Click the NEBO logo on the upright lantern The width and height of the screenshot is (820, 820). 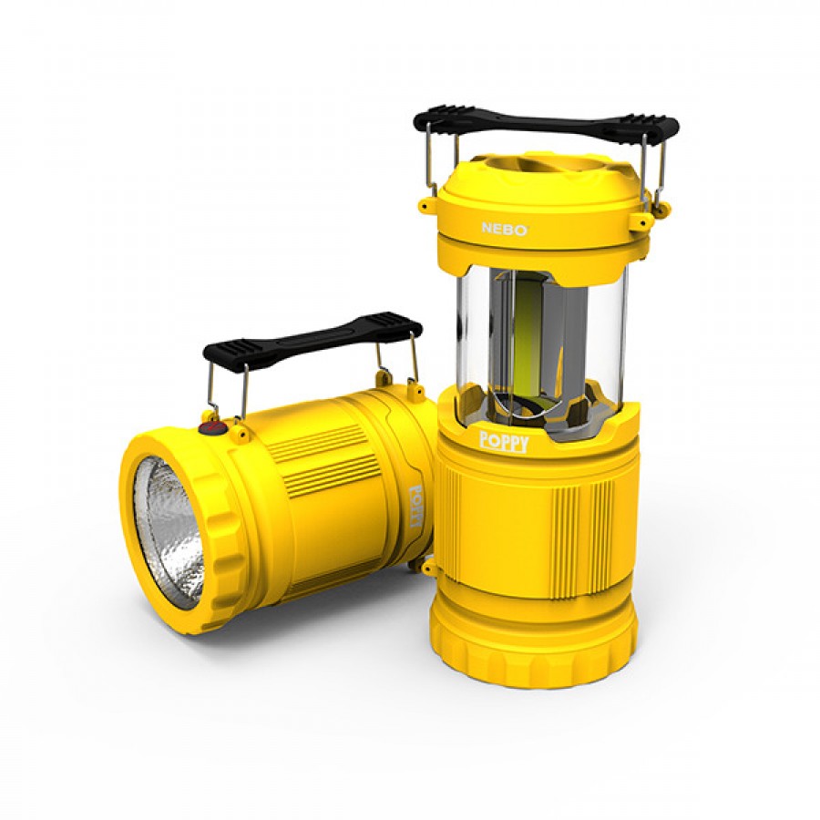[504, 229]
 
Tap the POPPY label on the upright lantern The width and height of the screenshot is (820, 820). [504, 443]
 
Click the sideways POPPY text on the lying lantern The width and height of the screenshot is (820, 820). [415, 505]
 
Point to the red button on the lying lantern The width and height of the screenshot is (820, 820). [211, 428]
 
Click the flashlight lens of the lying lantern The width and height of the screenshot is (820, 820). [169, 532]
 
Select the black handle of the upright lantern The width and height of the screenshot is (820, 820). [546, 122]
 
